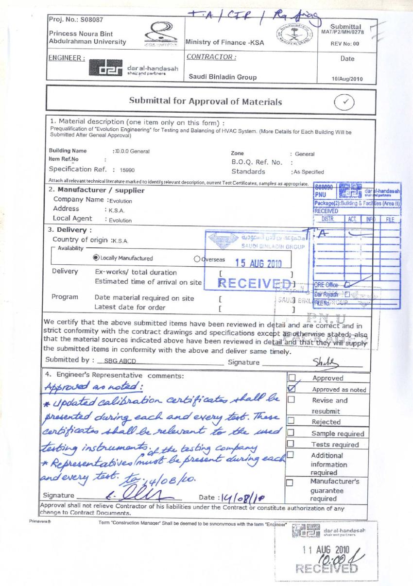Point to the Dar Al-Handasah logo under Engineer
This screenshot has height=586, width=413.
[x=107, y=71]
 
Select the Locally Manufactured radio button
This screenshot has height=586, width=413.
[x=96, y=258]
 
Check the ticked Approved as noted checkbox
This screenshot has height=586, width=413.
[x=292, y=389]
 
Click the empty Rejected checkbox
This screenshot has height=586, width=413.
[x=292, y=421]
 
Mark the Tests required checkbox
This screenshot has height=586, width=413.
[x=292, y=444]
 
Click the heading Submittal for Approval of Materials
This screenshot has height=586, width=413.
[x=205, y=102]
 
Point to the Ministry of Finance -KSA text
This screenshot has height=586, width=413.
[x=224, y=42]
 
